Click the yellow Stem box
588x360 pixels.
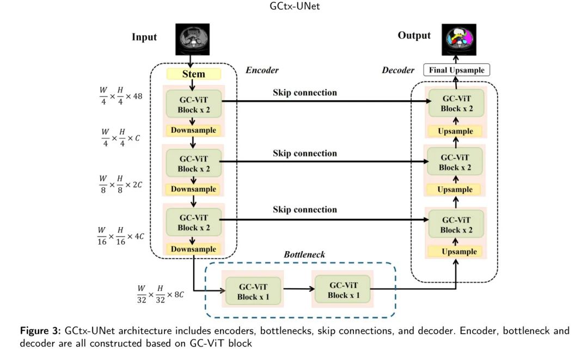193,74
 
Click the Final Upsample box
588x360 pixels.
457,70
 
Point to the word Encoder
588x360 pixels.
262,70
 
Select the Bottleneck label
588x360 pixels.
304,254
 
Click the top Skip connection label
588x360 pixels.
304,93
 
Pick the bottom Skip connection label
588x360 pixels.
304,210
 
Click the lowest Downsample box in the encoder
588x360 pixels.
193,249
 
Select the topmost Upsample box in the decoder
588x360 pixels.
455,131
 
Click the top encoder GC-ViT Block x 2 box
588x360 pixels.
193,103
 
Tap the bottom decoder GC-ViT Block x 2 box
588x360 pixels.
456,225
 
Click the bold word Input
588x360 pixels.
144,37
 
